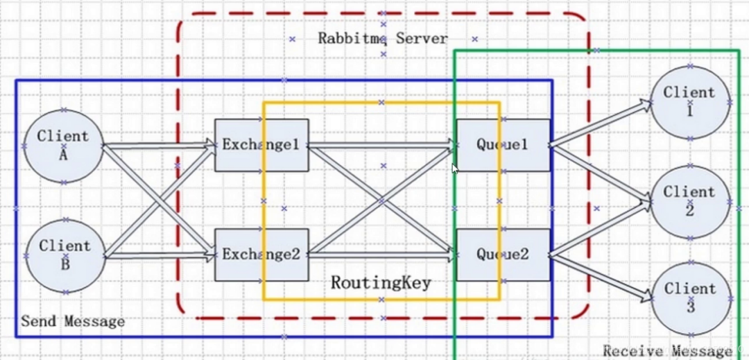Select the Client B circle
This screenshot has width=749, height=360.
(64, 255)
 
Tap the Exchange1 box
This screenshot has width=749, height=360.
(261, 145)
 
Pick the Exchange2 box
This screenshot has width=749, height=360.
(261, 255)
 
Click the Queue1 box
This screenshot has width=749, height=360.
(503, 145)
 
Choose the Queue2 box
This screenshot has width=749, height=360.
(503, 255)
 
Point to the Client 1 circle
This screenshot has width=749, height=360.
(689, 101)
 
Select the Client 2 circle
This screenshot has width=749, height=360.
(689, 201)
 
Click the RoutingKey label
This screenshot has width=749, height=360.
(381, 283)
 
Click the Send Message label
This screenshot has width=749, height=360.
(73, 321)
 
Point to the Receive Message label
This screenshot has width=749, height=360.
(666, 351)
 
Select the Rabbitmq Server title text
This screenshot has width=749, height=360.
(383, 38)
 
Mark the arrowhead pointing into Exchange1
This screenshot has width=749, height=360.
(209, 144)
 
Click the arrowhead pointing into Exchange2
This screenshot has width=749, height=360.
(209, 255)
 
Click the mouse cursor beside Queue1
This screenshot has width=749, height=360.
(455, 169)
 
